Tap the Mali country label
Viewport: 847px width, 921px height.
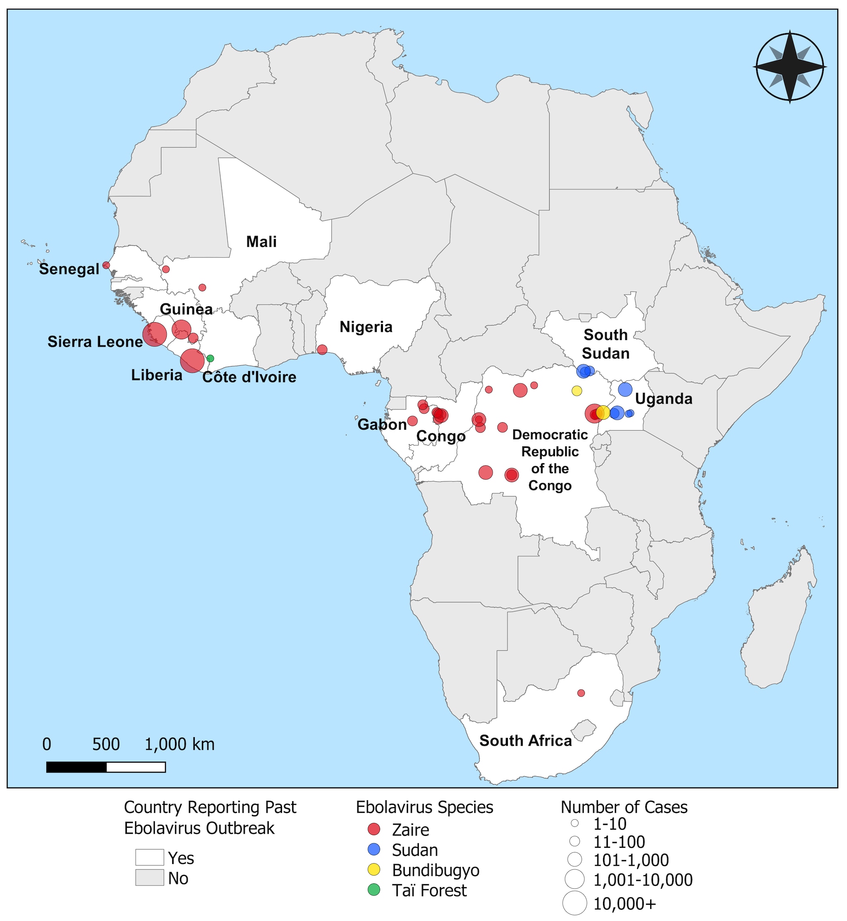pyautogui.click(x=261, y=242)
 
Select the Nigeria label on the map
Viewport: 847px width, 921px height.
pyautogui.click(x=366, y=327)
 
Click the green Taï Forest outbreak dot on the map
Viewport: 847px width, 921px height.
pyautogui.click(x=211, y=358)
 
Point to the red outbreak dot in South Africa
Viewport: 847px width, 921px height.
pyautogui.click(x=581, y=693)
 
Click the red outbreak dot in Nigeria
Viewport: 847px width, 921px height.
pyautogui.click(x=322, y=350)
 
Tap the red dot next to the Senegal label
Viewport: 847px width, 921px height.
pyautogui.click(x=106, y=265)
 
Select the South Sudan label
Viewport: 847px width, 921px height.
pyautogui.click(x=605, y=344)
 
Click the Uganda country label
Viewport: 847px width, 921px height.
pyautogui.click(x=663, y=399)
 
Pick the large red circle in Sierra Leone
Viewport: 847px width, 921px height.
pyautogui.click(x=154, y=334)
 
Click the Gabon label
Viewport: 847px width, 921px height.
pyautogui.click(x=382, y=424)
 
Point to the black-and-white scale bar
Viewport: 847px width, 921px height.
pyautogui.click(x=106, y=767)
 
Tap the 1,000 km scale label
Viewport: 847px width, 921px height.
pyautogui.click(x=179, y=745)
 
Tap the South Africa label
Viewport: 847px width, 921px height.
pyautogui.click(x=525, y=740)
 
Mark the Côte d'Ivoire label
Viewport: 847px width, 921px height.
pyautogui.click(x=249, y=377)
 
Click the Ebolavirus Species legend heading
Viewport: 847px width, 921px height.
pyautogui.click(x=424, y=807)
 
